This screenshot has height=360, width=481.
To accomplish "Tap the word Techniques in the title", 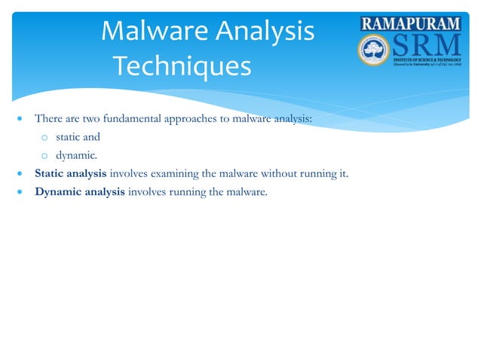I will click(181, 67).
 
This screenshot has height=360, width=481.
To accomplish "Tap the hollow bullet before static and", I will click(44, 138).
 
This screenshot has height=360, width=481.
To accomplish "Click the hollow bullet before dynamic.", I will click(44, 157).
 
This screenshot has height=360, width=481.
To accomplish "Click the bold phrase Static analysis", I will click(71, 174).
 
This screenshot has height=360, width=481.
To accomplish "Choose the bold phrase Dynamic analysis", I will click(79, 192).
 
